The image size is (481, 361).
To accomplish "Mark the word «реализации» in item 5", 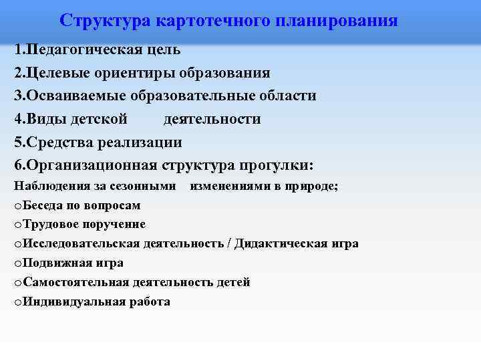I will coord(139,142).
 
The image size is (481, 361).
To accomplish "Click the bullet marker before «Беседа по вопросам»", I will coord(17,206).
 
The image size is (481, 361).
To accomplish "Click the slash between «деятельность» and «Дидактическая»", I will coord(229,244).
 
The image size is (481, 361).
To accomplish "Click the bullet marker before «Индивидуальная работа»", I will coord(17,302).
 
